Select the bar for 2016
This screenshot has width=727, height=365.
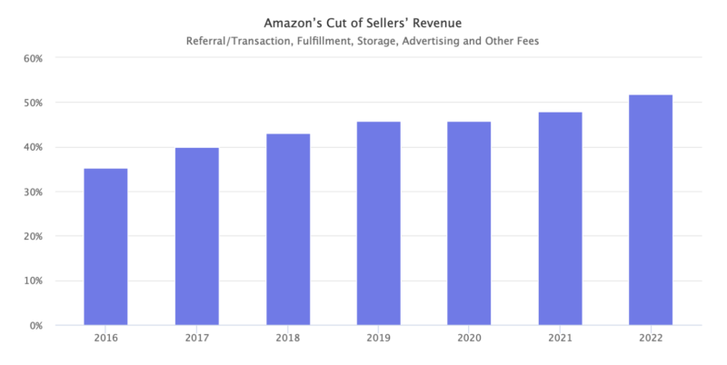[105, 247]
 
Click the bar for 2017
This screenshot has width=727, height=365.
[196, 236]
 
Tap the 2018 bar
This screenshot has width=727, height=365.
[288, 229]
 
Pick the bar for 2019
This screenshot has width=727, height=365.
[378, 223]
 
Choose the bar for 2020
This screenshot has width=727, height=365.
[469, 223]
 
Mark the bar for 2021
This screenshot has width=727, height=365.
[560, 219]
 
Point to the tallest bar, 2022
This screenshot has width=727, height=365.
[651, 210]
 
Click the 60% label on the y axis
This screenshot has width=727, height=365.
[32, 58]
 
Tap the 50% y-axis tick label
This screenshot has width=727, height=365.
[32, 103]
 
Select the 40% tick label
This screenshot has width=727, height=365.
[32, 147]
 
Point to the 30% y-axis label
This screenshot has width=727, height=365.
[32, 192]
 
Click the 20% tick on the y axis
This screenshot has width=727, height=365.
[32, 236]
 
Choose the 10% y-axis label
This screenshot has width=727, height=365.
[32, 281]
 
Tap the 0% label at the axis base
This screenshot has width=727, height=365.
[35, 325]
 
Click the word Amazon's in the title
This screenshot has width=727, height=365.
[292, 21]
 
